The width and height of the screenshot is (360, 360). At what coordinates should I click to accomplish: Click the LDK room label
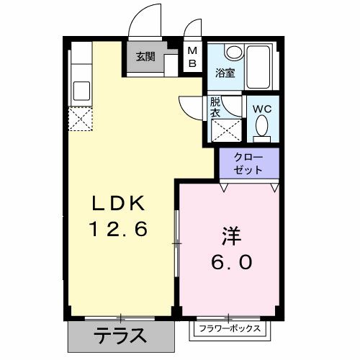[118, 203]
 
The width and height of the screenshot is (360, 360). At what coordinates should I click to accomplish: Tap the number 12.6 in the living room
[118, 230]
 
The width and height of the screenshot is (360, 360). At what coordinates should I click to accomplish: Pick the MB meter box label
[192, 56]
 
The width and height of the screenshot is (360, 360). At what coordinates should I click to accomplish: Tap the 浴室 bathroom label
[225, 72]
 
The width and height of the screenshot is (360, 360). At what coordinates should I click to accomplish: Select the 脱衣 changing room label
[215, 108]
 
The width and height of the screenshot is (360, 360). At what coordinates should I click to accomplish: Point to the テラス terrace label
[120, 335]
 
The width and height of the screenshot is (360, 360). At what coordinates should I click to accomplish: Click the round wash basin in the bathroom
[233, 53]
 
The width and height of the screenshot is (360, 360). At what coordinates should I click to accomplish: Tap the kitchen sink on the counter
[81, 90]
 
